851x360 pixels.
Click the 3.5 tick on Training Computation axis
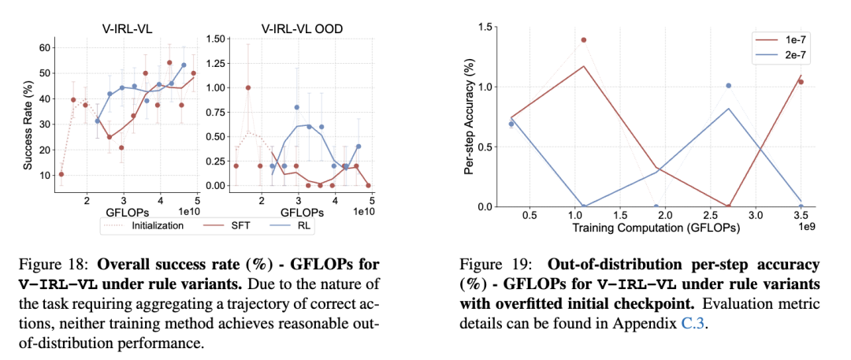pos(800,215)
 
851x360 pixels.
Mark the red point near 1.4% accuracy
pos(584,39)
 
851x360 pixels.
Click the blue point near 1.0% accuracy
pos(728,85)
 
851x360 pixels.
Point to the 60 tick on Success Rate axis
pos(46,47)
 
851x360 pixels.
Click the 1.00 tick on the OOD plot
pos(215,87)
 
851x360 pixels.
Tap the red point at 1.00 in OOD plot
pos(248,87)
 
